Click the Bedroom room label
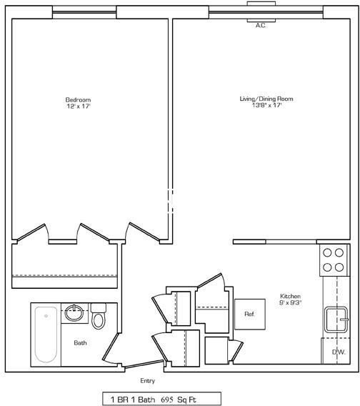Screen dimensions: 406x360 (78, 99)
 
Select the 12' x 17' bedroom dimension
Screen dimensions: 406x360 (78, 106)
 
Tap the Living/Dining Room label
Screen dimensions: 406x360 (266, 99)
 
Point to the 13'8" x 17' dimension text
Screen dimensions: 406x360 (266, 106)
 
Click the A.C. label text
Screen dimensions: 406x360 (261, 25)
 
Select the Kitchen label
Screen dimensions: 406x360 (290, 296)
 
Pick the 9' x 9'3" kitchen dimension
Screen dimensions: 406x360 (290, 302)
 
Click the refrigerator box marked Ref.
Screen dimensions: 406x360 (249, 313)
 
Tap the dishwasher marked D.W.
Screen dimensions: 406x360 (338, 351)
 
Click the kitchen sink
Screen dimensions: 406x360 (335, 319)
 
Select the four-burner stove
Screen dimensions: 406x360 (331, 259)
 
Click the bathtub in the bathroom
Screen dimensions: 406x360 (46, 333)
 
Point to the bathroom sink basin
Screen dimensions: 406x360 (74, 313)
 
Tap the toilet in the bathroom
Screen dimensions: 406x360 (99, 316)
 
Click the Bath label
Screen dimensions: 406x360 (81, 343)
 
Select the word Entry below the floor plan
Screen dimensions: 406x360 (147, 381)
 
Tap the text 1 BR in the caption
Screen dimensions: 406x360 (119, 398)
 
